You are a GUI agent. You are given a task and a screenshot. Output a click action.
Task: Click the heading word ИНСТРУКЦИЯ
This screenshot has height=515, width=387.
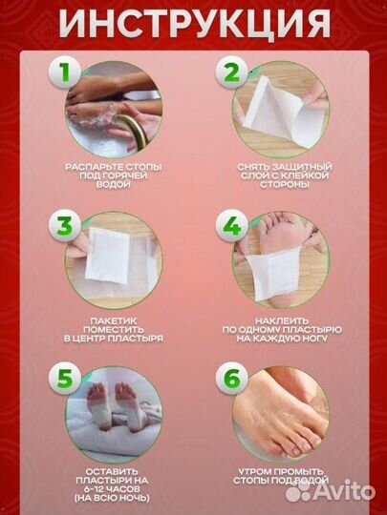click(x=194, y=24)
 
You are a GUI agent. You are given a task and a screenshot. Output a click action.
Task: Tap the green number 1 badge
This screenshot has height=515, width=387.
click(x=65, y=72)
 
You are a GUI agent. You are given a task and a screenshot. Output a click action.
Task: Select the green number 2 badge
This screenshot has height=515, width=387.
click(x=231, y=72)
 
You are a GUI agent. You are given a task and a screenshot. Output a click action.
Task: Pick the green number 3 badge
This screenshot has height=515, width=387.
click(x=65, y=225)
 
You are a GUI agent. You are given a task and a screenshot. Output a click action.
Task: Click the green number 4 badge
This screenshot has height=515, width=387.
click(x=231, y=225)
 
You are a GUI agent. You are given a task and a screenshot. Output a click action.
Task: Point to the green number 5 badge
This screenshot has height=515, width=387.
click(x=65, y=379)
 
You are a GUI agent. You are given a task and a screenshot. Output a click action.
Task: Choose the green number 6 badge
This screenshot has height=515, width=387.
click(x=231, y=379)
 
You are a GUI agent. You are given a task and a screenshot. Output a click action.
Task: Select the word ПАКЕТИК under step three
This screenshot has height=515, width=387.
click(x=114, y=320)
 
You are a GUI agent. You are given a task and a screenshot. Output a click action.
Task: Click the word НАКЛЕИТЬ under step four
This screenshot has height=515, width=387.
click(x=282, y=320)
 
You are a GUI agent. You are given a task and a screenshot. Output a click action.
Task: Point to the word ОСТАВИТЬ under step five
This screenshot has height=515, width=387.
click(x=113, y=472)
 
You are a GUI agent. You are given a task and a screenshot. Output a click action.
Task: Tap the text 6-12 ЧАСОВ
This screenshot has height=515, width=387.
click(x=112, y=489)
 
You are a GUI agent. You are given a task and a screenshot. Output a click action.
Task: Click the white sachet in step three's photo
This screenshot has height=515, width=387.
click(x=107, y=257)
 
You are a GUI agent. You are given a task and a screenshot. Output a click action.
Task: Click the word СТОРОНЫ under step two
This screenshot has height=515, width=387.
click(x=285, y=185)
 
